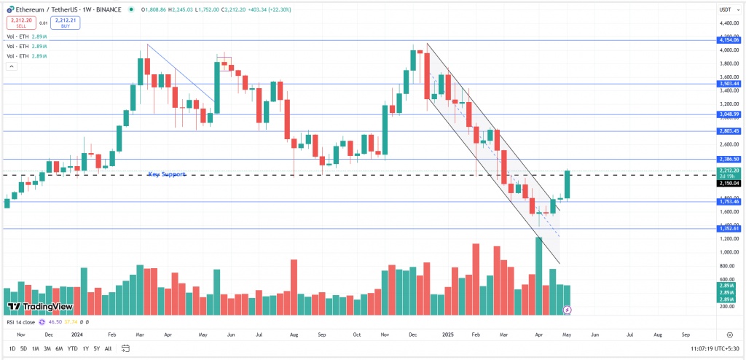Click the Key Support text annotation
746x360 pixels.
point(167,174)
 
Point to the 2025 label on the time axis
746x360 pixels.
point(449,334)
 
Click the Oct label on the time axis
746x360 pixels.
point(357,334)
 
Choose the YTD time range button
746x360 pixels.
point(73,348)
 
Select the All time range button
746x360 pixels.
point(108,348)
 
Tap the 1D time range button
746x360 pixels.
point(12,348)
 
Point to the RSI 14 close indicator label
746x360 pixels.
point(20,321)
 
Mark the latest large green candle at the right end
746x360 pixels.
point(568,185)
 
